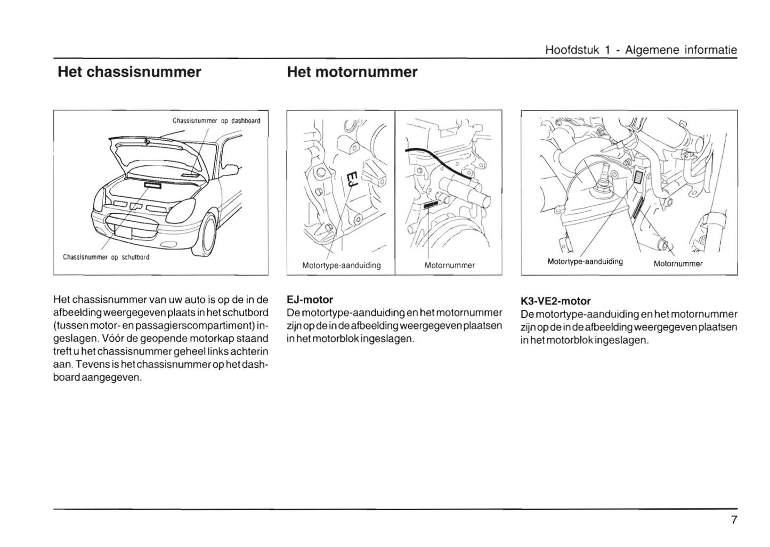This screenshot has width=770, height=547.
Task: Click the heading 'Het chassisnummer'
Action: [129, 72]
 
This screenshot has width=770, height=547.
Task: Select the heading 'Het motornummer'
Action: [352, 72]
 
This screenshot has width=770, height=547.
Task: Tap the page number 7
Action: [734, 520]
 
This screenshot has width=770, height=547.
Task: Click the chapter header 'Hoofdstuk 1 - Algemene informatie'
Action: [641, 50]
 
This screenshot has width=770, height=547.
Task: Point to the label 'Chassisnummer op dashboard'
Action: [216, 120]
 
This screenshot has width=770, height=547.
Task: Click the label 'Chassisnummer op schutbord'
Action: [106, 257]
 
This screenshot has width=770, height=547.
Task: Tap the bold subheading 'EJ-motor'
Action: [310, 300]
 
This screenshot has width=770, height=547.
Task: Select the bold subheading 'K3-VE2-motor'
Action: [555, 301]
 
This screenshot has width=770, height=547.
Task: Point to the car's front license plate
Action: [123, 231]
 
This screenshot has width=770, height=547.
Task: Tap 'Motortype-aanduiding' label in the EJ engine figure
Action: [341, 265]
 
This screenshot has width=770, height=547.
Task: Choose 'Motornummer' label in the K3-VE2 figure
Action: [678, 263]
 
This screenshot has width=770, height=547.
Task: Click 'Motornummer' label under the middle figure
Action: [449, 265]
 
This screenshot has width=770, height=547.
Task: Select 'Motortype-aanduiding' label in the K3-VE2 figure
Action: [585, 261]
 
